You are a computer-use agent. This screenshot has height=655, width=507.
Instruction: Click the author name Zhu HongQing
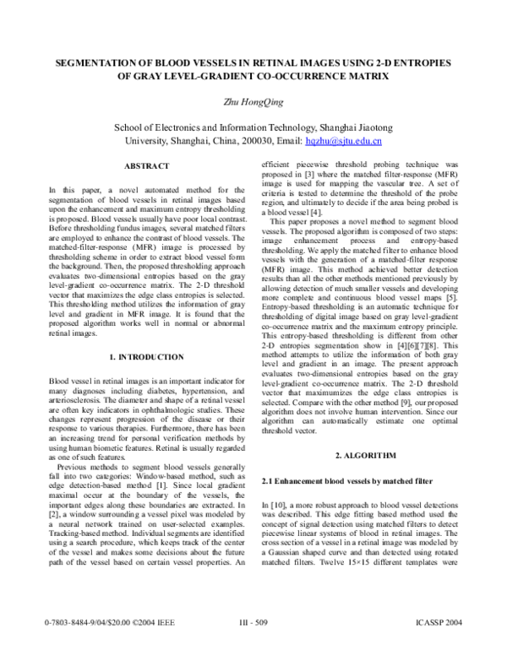click(x=253, y=103)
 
